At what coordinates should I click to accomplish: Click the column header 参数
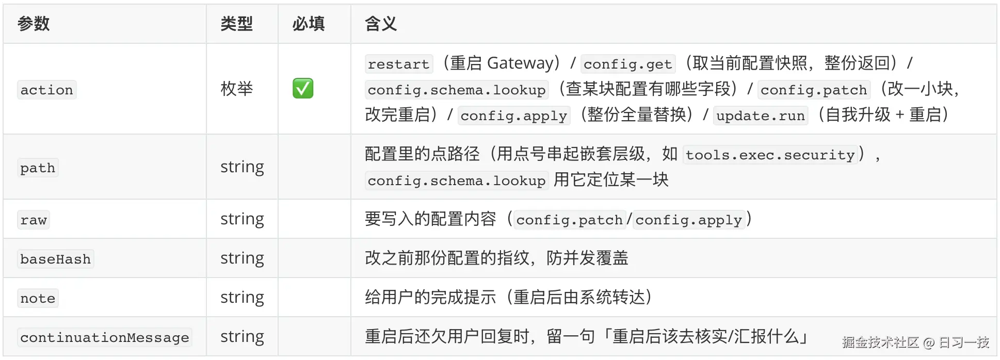click(34, 24)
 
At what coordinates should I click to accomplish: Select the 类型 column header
click(236, 24)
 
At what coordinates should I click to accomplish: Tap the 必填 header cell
click(308, 24)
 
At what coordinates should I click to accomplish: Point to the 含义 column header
click(380, 24)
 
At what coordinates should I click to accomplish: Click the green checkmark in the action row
click(303, 88)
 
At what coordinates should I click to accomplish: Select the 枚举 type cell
click(236, 89)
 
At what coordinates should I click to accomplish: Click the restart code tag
click(398, 64)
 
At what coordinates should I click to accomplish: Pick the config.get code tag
click(627, 64)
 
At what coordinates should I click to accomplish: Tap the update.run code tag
click(761, 116)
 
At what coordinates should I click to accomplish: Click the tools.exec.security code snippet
click(770, 155)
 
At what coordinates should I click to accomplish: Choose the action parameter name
click(46, 90)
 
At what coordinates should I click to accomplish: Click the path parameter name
click(38, 168)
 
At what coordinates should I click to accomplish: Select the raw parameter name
click(34, 220)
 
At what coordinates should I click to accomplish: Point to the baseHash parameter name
click(55, 259)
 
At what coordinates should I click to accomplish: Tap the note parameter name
click(38, 298)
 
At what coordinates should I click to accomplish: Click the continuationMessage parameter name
click(105, 337)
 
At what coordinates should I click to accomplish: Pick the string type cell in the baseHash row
click(242, 258)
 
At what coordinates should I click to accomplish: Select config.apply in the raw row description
click(689, 220)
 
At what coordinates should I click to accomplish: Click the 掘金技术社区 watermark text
click(881, 342)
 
